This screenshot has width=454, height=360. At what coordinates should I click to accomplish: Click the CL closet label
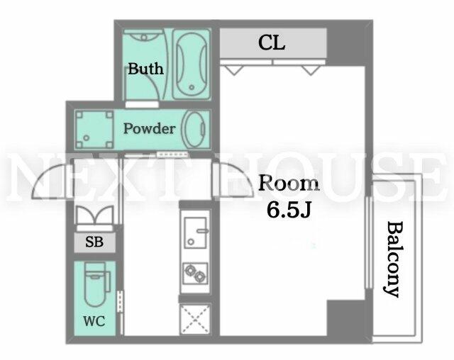[x=271, y=43]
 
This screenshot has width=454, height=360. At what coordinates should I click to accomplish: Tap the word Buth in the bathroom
[x=145, y=69]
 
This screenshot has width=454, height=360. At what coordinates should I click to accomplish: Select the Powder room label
[x=150, y=128]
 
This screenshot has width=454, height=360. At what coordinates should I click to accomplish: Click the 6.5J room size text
[x=289, y=210]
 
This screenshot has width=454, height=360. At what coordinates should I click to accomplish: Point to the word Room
[x=289, y=183]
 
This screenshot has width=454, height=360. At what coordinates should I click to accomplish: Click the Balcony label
[x=394, y=259]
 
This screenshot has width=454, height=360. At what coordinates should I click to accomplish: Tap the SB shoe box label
[x=94, y=242]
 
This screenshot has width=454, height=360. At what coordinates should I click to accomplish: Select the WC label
[x=94, y=321]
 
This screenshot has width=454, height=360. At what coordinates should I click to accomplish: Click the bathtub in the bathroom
[x=191, y=64]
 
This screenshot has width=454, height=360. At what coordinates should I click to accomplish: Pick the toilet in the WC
[x=96, y=283]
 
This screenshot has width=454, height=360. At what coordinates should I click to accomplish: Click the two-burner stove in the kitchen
[x=196, y=274]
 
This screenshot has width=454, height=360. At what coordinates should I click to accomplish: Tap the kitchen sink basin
[x=196, y=232]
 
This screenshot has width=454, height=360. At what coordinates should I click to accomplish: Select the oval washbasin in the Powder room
[x=194, y=130]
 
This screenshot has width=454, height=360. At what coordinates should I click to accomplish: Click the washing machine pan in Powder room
[x=94, y=130]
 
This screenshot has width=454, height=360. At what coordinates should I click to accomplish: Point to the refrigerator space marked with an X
[x=195, y=319]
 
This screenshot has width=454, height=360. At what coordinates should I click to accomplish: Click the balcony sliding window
[x=368, y=242]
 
